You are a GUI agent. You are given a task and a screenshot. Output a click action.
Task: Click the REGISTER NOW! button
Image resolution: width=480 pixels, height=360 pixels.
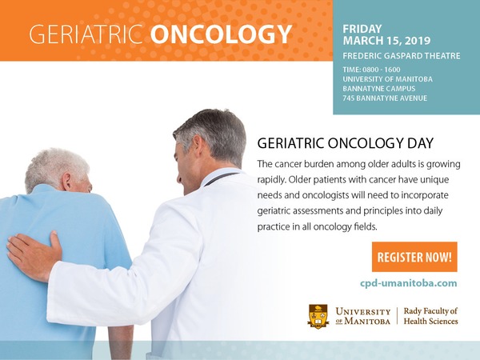coord(414,257)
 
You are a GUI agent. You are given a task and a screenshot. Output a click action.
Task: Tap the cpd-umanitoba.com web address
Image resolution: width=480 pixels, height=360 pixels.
coord(408,283)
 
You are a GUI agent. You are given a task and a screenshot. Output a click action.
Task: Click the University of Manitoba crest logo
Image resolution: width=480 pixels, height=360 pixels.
coord(318,316)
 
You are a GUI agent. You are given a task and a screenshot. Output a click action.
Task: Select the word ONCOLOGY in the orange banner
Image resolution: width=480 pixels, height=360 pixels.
coord(221,34)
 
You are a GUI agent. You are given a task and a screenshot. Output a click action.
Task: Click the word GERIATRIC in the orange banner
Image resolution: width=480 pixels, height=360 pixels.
coord(86,34)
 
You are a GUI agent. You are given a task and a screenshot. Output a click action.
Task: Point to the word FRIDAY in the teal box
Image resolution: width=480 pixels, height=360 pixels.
coord(362,29)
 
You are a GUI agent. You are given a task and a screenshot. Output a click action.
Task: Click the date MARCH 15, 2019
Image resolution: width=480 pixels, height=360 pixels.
coord(386,41)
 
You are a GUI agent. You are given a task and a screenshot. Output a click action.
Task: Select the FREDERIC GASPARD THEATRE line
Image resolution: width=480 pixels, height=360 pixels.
coord(402,56)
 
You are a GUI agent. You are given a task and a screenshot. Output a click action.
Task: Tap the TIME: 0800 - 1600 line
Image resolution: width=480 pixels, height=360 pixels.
coord(371,70)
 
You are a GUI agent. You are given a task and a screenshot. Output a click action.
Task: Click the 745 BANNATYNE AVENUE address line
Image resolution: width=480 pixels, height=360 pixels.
coord(385,98)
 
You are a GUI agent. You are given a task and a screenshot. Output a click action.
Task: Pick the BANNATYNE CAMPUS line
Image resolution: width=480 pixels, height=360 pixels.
coord(379,89)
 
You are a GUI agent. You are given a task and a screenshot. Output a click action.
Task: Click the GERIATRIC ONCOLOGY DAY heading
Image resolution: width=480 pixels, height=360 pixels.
coord(346,143)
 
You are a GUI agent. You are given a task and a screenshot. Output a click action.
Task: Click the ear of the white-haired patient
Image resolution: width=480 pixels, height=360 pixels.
coord(66,182)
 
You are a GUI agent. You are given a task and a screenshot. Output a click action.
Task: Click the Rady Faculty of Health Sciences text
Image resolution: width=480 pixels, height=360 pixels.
coord(430,316)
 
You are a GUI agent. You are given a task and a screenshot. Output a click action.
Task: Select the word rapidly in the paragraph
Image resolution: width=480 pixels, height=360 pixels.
coord(272,180)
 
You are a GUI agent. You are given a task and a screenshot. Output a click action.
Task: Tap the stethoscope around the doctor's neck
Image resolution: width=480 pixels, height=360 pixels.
coord(221,178)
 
